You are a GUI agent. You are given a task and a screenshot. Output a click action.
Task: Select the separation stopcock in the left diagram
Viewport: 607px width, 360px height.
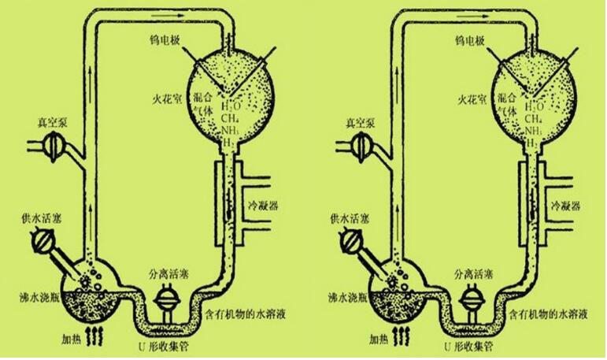(x=169, y=301)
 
